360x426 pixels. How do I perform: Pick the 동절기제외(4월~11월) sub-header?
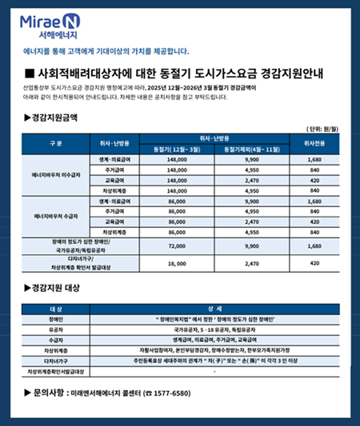[250, 149]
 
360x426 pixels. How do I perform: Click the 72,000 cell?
[178, 245]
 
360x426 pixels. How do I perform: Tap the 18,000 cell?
[178, 263]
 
